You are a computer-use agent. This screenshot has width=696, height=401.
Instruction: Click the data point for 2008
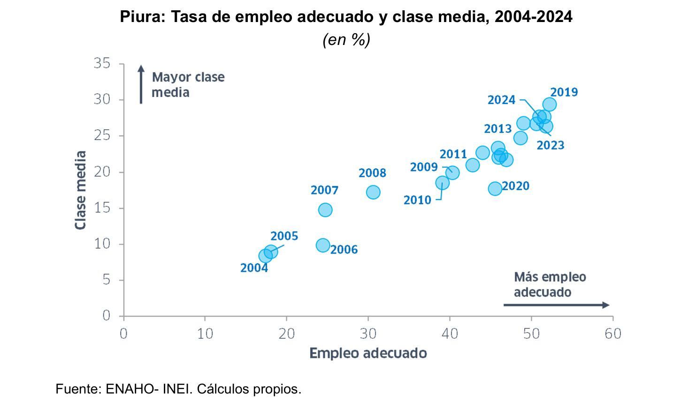(373, 192)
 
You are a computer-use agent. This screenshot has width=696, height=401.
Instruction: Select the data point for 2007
(325, 210)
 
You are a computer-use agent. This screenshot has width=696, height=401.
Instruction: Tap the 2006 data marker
(323, 245)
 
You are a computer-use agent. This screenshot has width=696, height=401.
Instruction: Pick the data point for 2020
(495, 188)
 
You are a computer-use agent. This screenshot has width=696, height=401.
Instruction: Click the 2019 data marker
(550, 104)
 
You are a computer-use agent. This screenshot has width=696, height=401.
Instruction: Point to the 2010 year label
(417, 200)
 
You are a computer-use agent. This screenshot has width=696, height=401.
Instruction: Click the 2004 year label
(254, 268)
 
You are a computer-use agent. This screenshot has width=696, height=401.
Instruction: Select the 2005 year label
(284, 236)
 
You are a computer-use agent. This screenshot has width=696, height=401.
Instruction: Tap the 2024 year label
(501, 100)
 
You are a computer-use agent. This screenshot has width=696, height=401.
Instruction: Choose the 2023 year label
(551, 145)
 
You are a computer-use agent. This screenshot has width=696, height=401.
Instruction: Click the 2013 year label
(497, 129)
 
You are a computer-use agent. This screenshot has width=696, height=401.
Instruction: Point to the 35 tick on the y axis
(102, 63)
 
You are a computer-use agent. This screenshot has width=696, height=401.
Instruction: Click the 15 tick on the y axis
(102, 208)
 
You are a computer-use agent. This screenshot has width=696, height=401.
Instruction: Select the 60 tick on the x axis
(613, 334)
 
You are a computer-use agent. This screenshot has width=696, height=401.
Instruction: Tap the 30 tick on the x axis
(368, 334)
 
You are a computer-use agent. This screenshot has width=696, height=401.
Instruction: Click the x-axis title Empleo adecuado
(368, 353)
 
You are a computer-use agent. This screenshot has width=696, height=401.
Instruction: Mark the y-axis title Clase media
(81, 190)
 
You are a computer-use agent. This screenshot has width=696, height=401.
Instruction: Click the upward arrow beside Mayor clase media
(141, 84)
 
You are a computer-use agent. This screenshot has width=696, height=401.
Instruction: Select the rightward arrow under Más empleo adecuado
(556, 305)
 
